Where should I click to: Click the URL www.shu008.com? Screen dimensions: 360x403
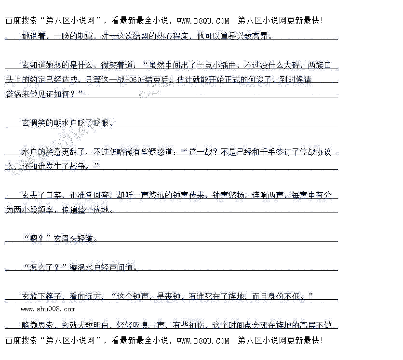point(48,309)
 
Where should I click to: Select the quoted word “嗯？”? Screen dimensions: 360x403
point(37,238)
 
